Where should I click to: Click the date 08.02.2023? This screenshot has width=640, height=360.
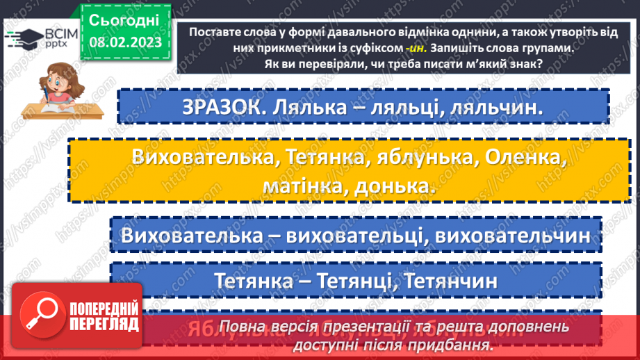pos(124,41)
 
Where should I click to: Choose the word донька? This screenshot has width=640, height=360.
pos(390,186)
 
